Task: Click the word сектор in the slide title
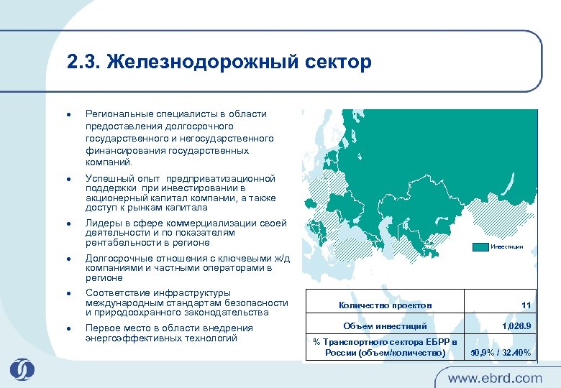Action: [x=337, y=63]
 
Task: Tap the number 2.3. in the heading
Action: [x=83, y=63]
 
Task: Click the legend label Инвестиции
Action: [x=507, y=247]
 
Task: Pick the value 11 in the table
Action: [x=526, y=305]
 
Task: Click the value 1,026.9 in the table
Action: [x=516, y=326]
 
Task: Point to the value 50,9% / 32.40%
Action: [x=501, y=352]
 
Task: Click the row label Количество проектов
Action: [x=386, y=305]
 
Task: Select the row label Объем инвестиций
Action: [x=385, y=326]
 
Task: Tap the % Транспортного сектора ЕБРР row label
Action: [x=386, y=347]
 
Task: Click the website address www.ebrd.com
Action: [x=495, y=377]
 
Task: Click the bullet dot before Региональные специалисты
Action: [x=66, y=114]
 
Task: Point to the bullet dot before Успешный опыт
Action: [x=66, y=178]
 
